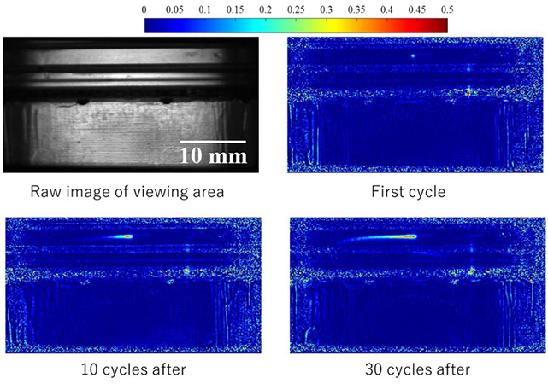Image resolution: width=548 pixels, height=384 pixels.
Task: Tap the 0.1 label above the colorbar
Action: pos(204,8)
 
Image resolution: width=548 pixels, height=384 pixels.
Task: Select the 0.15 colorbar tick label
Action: pos(235,8)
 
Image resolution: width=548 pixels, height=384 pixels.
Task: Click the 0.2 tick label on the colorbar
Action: pos(265,8)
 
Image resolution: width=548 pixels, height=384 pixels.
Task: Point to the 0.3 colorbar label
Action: pos(326,8)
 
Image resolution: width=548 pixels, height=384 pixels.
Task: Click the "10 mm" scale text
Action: pos(213,155)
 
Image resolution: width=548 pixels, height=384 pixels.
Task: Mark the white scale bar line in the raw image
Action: pos(213,141)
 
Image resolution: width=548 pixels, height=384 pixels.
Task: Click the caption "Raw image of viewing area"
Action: pos(127,191)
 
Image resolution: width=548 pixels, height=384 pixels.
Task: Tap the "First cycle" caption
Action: pos(408,191)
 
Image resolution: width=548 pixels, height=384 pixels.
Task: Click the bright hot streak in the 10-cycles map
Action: pos(121,236)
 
